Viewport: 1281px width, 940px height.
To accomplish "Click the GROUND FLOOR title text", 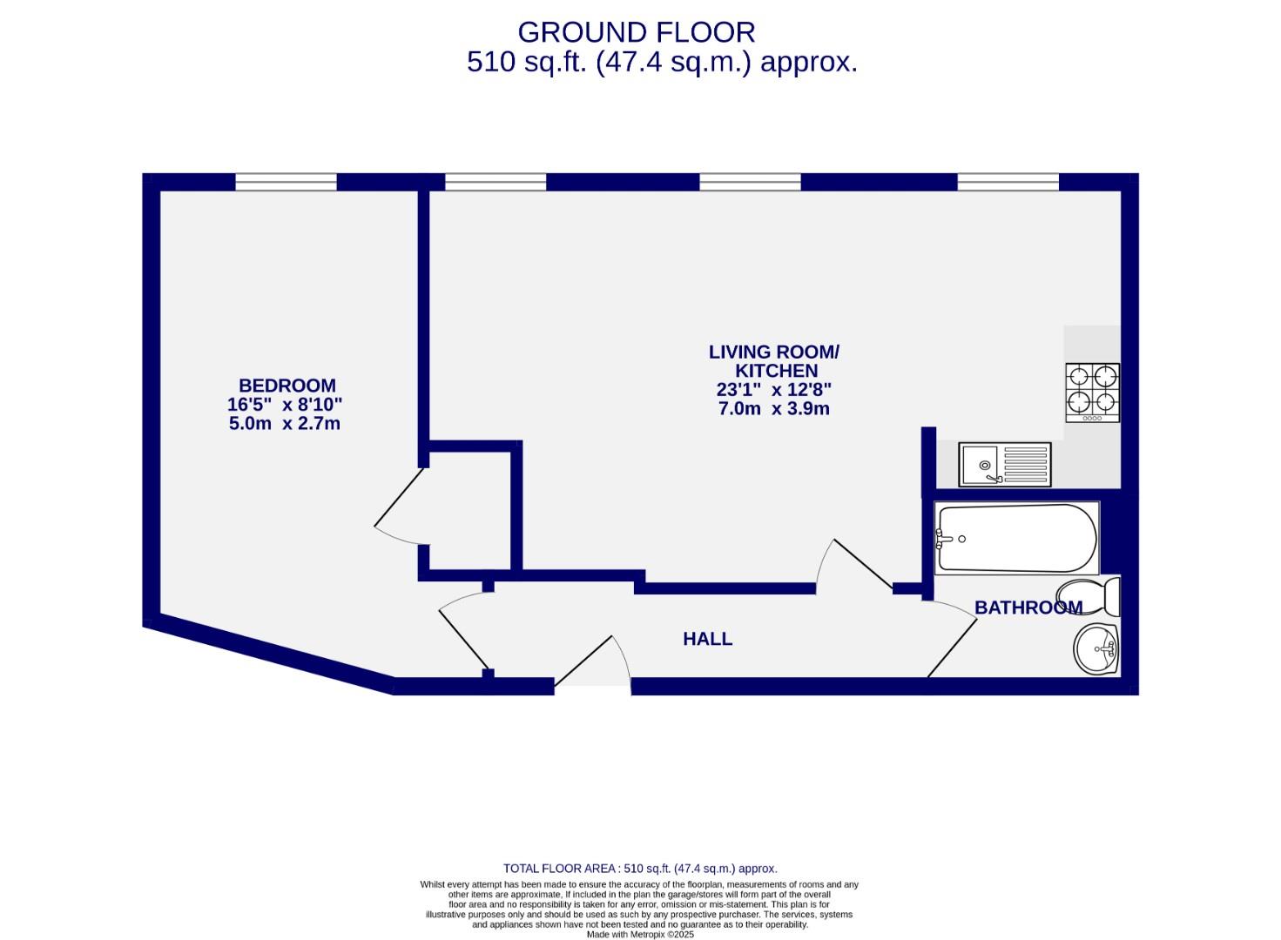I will (x=636, y=32).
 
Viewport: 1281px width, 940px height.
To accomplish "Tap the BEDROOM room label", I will (x=287, y=385).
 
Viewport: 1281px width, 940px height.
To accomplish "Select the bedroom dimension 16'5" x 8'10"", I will (x=285, y=405).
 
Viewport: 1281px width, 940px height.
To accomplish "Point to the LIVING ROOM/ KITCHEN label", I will (x=773, y=361).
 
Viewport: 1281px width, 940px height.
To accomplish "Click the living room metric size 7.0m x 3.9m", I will (x=773, y=409).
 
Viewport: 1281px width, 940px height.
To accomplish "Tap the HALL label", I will (x=707, y=639).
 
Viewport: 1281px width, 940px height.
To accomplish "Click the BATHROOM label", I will (x=1028, y=608).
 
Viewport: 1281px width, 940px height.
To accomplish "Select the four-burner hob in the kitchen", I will (x=1092, y=393).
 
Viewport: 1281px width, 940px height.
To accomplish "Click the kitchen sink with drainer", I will (x=1005, y=465).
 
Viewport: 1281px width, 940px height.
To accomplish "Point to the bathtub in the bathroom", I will (x=1015, y=538).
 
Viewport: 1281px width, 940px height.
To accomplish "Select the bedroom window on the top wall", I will (x=286, y=182).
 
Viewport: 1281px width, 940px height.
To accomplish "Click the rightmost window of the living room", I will (x=1008, y=182).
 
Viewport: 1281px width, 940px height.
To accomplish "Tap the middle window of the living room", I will (x=750, y=182).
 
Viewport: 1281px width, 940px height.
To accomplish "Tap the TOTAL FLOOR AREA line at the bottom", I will (x=640, y=869).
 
